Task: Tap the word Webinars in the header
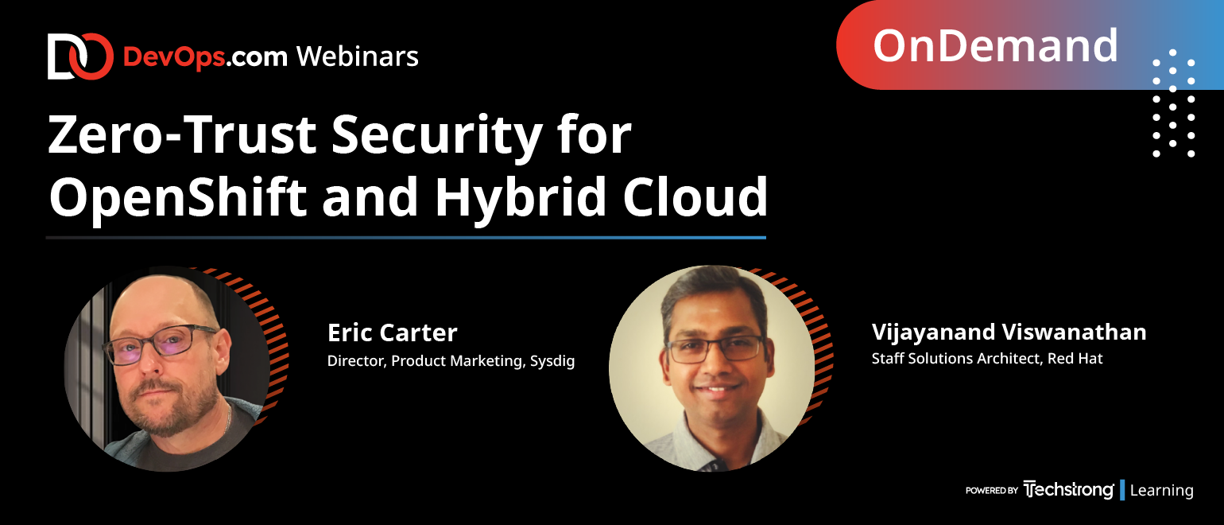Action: coord(358,56)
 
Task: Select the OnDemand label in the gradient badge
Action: coord(995,46)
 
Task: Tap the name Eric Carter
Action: coord(393,332)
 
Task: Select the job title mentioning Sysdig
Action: coord(451,361)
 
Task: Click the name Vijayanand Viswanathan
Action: coord(1009,332)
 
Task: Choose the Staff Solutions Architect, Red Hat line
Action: coord(987,358)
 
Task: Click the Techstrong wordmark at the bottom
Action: coord(1068,489)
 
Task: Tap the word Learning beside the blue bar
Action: coord(1161,491)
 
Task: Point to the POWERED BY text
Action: coord(991,491)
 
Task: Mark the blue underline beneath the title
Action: coord(406,238)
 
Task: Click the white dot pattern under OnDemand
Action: coord(1173,103)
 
